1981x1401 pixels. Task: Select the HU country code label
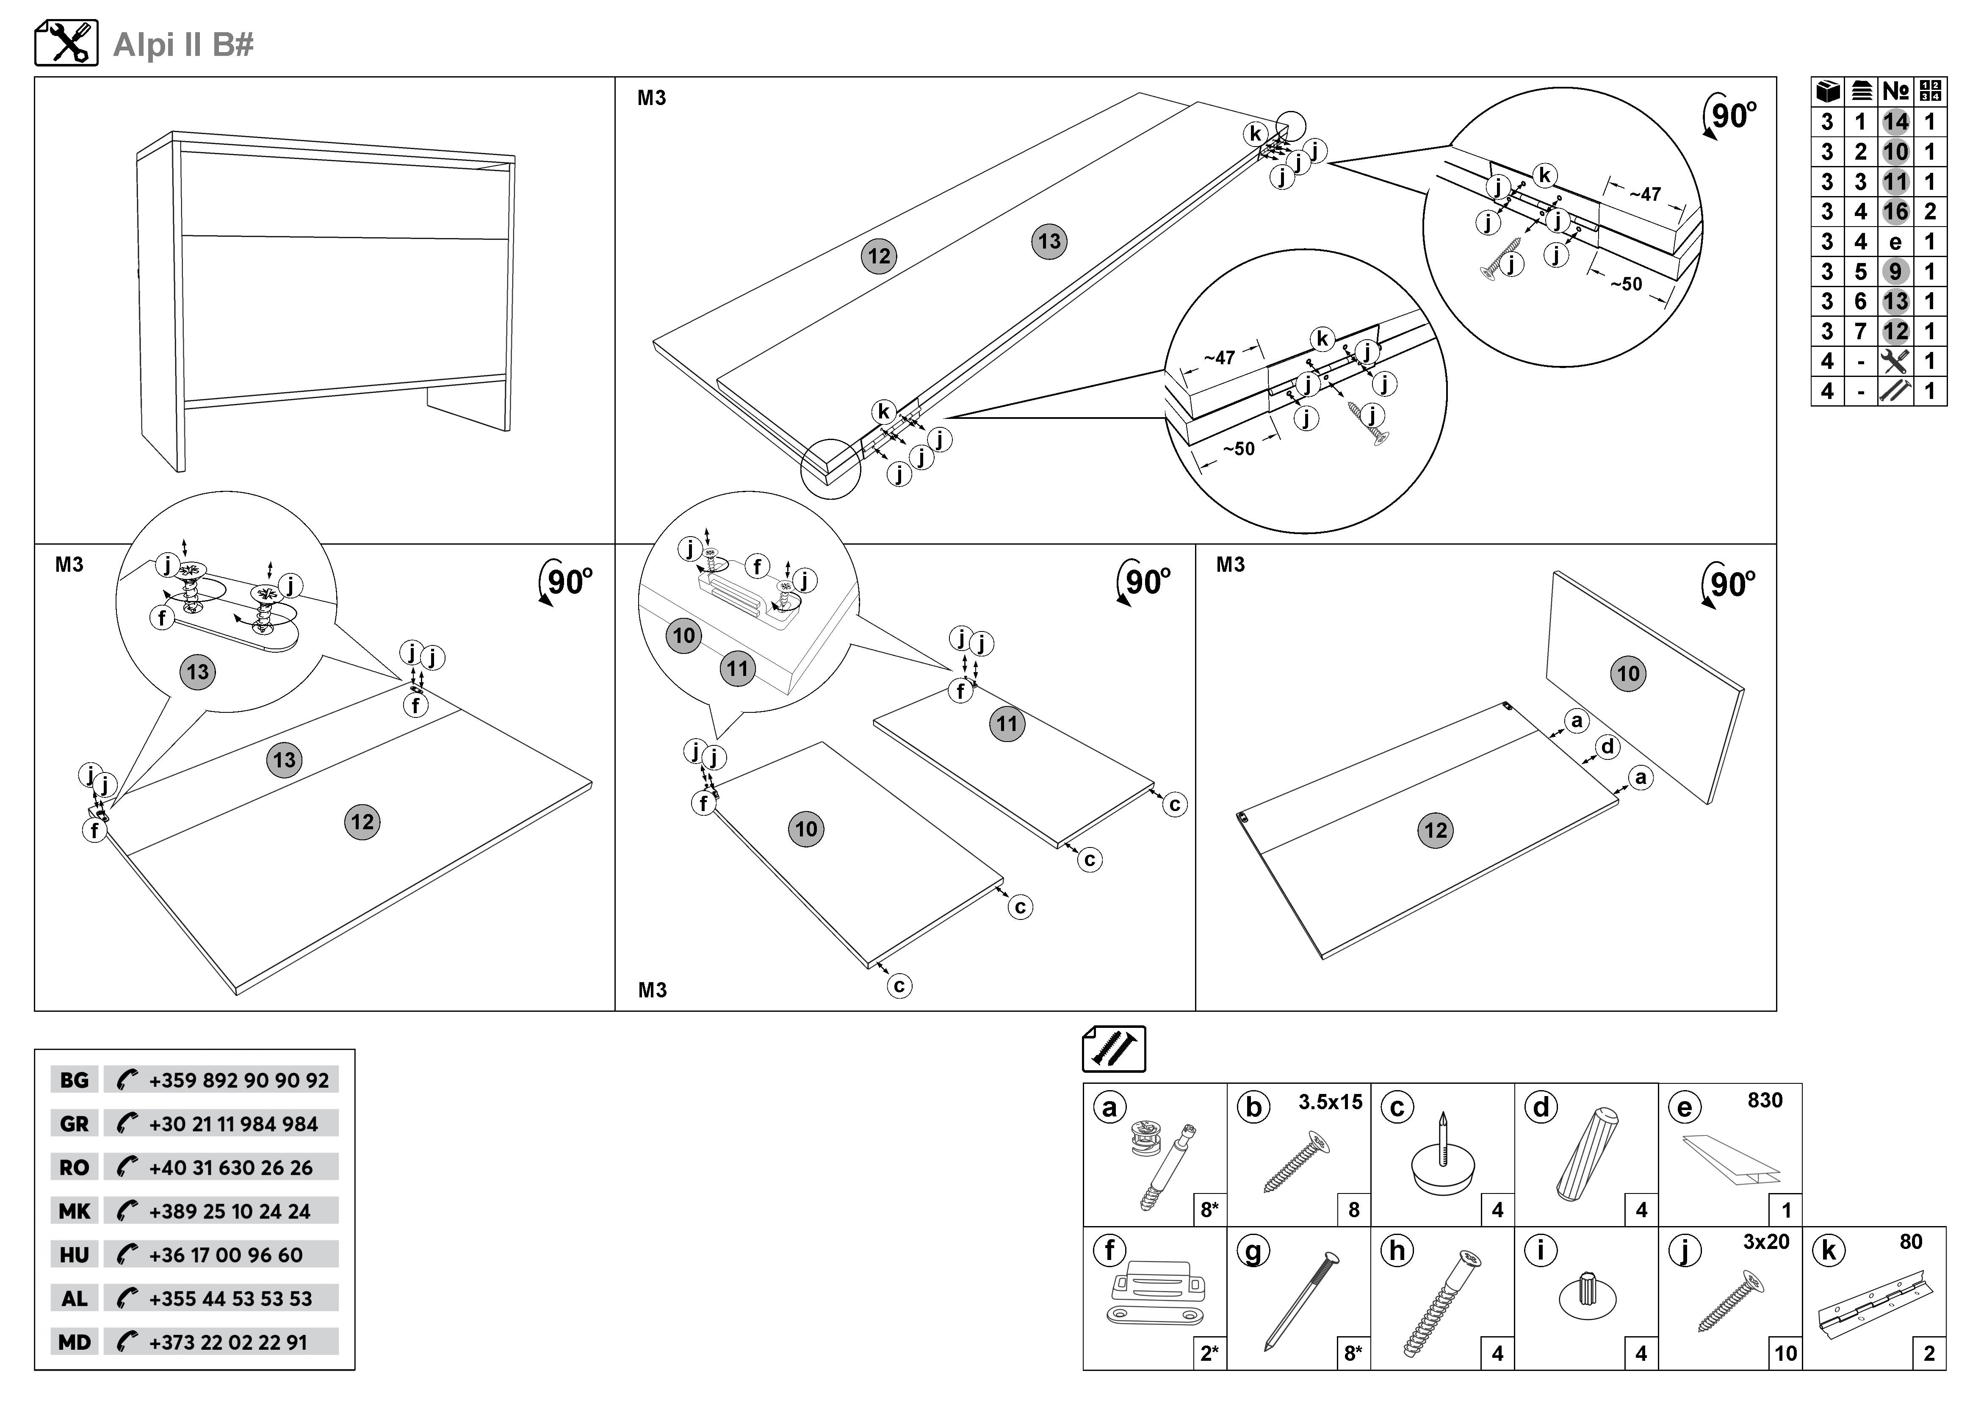point(74,1255)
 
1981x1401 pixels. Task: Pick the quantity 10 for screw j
point(1785,1354)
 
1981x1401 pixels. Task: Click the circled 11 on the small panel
point(1007,724)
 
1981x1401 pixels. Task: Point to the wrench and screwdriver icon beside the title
point(66,43)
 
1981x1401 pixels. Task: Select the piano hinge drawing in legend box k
point(1872,1305)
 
